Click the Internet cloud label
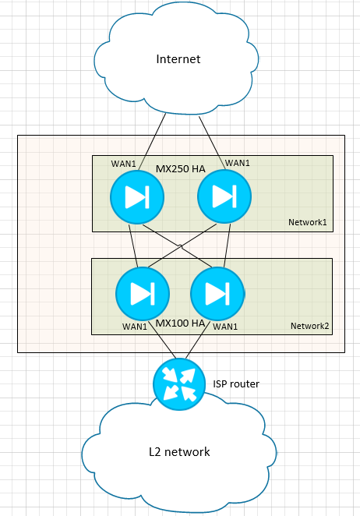178,59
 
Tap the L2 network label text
179,452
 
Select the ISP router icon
179,384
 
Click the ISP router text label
236,384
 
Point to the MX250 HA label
180,169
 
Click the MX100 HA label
180,323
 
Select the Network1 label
308,222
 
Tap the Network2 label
309,326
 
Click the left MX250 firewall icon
137,197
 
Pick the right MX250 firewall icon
224,196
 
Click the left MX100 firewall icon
143,294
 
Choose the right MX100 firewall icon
217,294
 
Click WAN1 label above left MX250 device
123,164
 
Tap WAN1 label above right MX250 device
237,163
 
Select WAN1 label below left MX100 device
135,327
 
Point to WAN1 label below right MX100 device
225,327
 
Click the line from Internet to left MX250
152,142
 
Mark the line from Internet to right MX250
212,142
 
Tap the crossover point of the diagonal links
181,247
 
